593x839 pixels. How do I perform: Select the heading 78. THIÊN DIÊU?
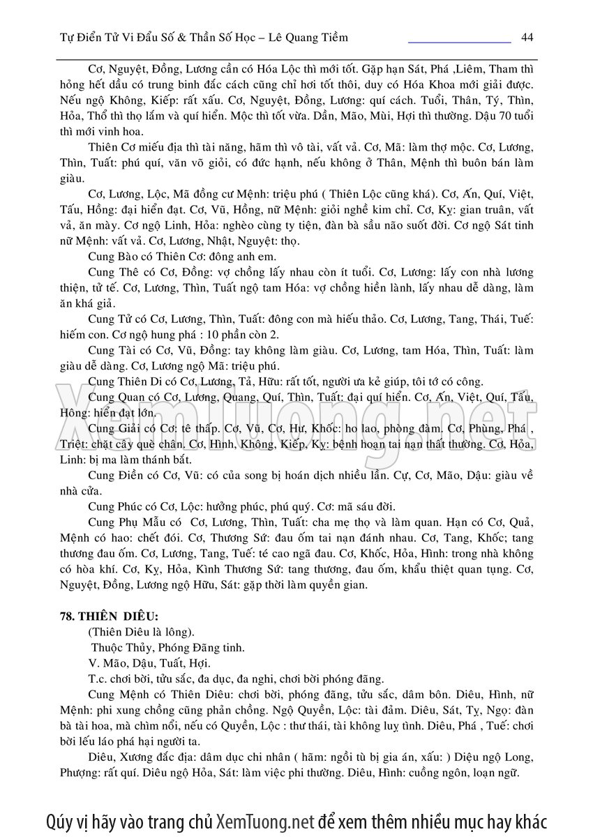(x=109, y=617)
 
